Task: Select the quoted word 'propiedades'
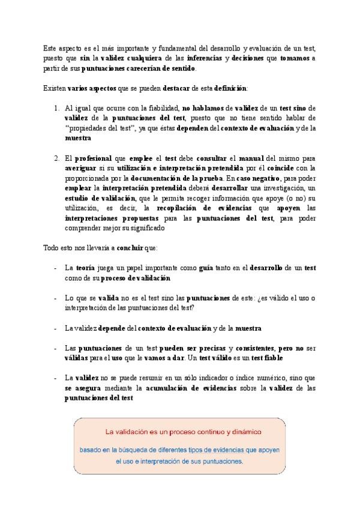coord(85,128)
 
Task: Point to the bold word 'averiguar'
coord(82,169)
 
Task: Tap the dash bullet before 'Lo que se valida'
coord(55,299)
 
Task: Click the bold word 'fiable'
coord(271,359)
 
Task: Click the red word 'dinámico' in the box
coord(245,432)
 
